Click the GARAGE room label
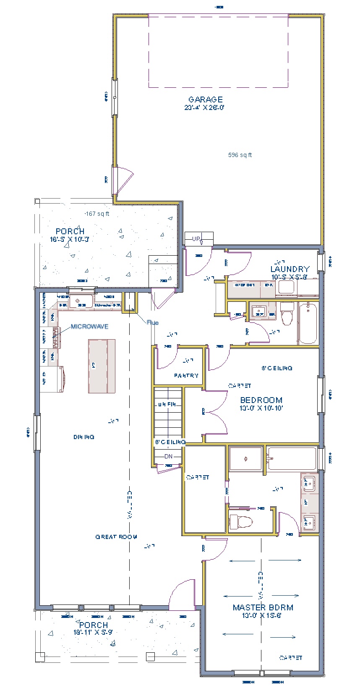point(205,99)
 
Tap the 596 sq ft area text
point(240,155)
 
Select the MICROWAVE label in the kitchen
point(89,326)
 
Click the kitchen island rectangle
point(102,366)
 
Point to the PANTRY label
point(186,376)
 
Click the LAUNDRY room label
point(290,269)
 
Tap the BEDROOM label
point(261,400)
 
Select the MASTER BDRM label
point(263,607)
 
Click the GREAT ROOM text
point(116,536)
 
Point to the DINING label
point(84,437)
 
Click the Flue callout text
point(153,322)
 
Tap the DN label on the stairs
point(168,456)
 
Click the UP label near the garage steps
point(196,239)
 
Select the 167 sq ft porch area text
point(97,214)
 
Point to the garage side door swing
point(125,178)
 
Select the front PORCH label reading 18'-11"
point(94,625)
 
